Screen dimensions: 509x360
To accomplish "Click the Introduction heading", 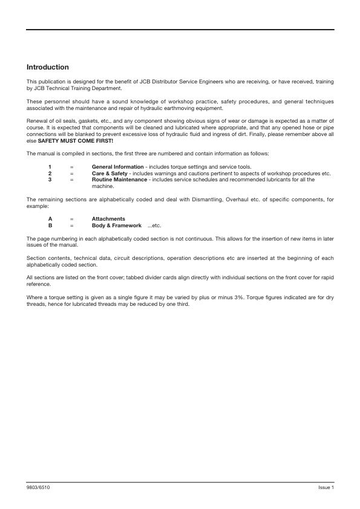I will [x=48, y=67].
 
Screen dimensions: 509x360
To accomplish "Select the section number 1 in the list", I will [x=50, y=167].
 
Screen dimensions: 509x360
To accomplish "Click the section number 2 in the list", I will [x=50, y=173].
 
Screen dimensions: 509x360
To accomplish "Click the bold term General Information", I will [x=117, y=167].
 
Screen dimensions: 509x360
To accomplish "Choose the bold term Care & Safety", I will [x=110, y=173].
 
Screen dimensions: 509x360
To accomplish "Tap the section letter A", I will [x=50, y=218].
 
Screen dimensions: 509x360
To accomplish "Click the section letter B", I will [x=50, y=225].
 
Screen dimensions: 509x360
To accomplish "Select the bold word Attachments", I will [x=108, y=218].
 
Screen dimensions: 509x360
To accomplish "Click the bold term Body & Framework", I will [x=117, y=225].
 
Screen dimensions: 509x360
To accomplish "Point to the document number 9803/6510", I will [x=38, y=487].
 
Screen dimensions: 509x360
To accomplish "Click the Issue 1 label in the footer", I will [x=326, y=487].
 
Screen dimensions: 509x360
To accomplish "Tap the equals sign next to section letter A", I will [x=71, y=218].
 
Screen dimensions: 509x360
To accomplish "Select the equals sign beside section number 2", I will [x=71, y=173].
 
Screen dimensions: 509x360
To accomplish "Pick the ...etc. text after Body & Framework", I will [x=154, y=225].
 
